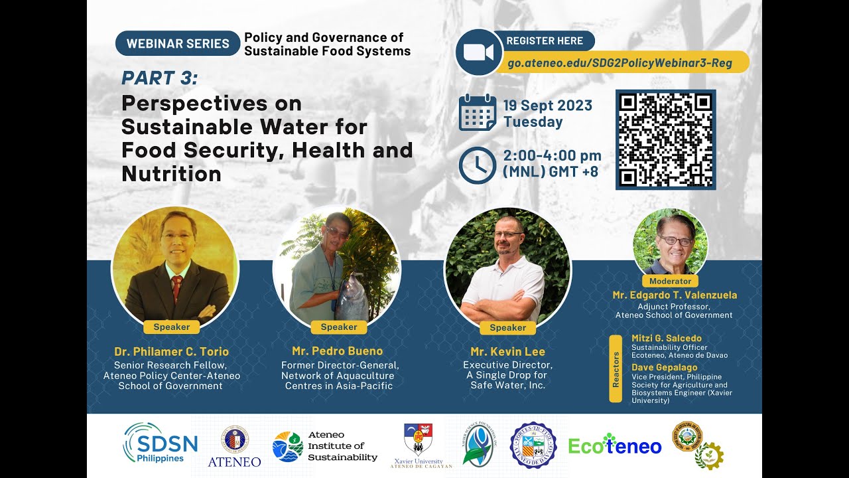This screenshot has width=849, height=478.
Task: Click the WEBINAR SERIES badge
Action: [178, 44]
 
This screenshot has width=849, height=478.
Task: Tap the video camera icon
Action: [478, 52]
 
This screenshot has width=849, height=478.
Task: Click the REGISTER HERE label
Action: [545, 40]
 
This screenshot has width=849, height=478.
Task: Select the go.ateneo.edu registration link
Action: [620, 63]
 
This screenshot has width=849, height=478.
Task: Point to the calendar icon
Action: [478, 112]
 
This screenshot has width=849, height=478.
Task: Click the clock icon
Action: [478, 165]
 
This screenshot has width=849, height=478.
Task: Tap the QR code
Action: [665, 139]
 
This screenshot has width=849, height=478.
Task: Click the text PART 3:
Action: [160, 78]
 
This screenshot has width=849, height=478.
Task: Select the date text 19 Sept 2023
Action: [547, 106]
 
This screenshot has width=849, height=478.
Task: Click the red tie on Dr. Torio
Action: [176, 287]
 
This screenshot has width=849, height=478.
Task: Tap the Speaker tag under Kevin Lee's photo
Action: [507, 327]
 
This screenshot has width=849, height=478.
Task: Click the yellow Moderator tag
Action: [670, 281]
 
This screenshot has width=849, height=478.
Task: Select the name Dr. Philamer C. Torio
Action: [171, 351]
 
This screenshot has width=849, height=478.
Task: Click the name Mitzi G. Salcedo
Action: [666, 339]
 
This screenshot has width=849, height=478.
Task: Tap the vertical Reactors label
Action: [616, 369]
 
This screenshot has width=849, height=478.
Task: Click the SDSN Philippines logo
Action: [160, 443]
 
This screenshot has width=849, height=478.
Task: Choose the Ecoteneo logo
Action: [615, 446]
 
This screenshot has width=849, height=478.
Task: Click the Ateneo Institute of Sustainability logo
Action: [324, 446]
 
